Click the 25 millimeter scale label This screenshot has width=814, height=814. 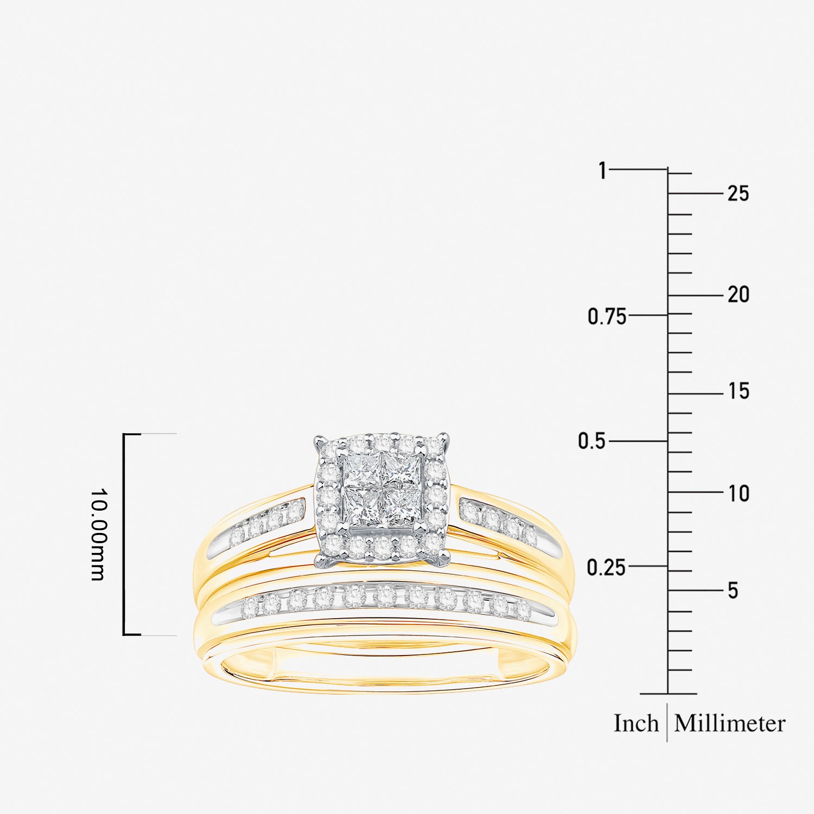pyautogui.click(x=738, y=193)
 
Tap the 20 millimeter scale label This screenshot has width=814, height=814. pyautogui.click(x=738, y=295)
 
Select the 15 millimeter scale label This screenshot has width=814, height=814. pyautogui.click(x=739, y=391)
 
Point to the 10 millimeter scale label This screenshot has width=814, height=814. pyautogui.click(x=739, y=493)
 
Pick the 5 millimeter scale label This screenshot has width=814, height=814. pyautogui.click(x=733, y=590)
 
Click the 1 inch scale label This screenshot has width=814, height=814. pyautogui.click(x=602, y=170)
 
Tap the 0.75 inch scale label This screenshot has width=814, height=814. pyautogui.click(x=607, y=316)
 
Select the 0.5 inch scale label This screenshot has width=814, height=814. pyautogui.click(x=591, y=441)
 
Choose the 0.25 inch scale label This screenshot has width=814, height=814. pyautogui.click(x=606, y=568)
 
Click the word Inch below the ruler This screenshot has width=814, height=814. pyautogui.click(x=636, y=723)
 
